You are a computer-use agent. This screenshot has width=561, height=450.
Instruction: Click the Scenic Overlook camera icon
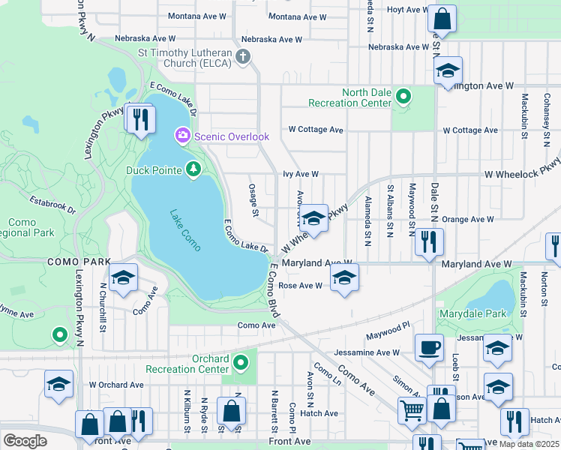(181, 136)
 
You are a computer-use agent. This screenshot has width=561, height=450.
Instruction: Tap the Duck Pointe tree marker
(193, 170)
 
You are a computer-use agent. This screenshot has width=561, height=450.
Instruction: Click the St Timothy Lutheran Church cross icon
(242, 57)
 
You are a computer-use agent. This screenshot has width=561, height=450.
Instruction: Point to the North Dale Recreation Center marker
(403, 97)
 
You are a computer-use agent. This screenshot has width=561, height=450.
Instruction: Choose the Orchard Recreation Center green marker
(240, 364)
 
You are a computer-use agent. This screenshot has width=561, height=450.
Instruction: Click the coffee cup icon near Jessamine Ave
(428, 348)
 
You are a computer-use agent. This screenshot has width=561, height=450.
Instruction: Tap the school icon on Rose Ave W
(344, 277)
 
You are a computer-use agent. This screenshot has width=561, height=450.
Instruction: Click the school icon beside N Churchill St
(122, 277)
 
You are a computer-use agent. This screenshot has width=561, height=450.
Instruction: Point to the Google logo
(24, 441)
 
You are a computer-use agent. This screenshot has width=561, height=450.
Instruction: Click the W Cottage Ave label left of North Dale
(316, 130)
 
